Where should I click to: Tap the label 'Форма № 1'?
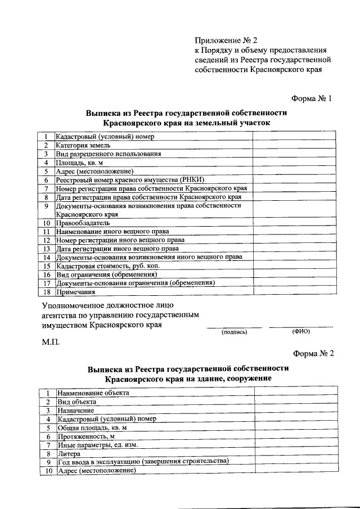point(313,98)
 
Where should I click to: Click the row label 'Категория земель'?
point(79,145)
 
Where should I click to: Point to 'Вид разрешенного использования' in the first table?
point(109,154)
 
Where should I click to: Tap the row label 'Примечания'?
point(75,292)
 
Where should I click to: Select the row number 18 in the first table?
point(47,292)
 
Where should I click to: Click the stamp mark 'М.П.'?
point(51,342)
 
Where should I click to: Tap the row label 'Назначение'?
point(75,410)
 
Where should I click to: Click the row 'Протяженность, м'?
point(86,436)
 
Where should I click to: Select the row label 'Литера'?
point(69,453)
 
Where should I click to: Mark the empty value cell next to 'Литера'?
point(295,453)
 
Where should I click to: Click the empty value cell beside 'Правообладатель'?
point(294,223)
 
